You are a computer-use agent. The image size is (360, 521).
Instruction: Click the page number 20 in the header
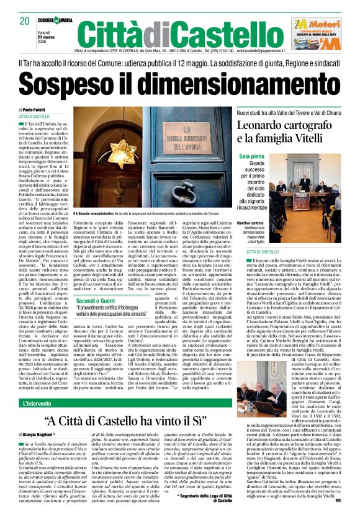pos(25,21)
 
